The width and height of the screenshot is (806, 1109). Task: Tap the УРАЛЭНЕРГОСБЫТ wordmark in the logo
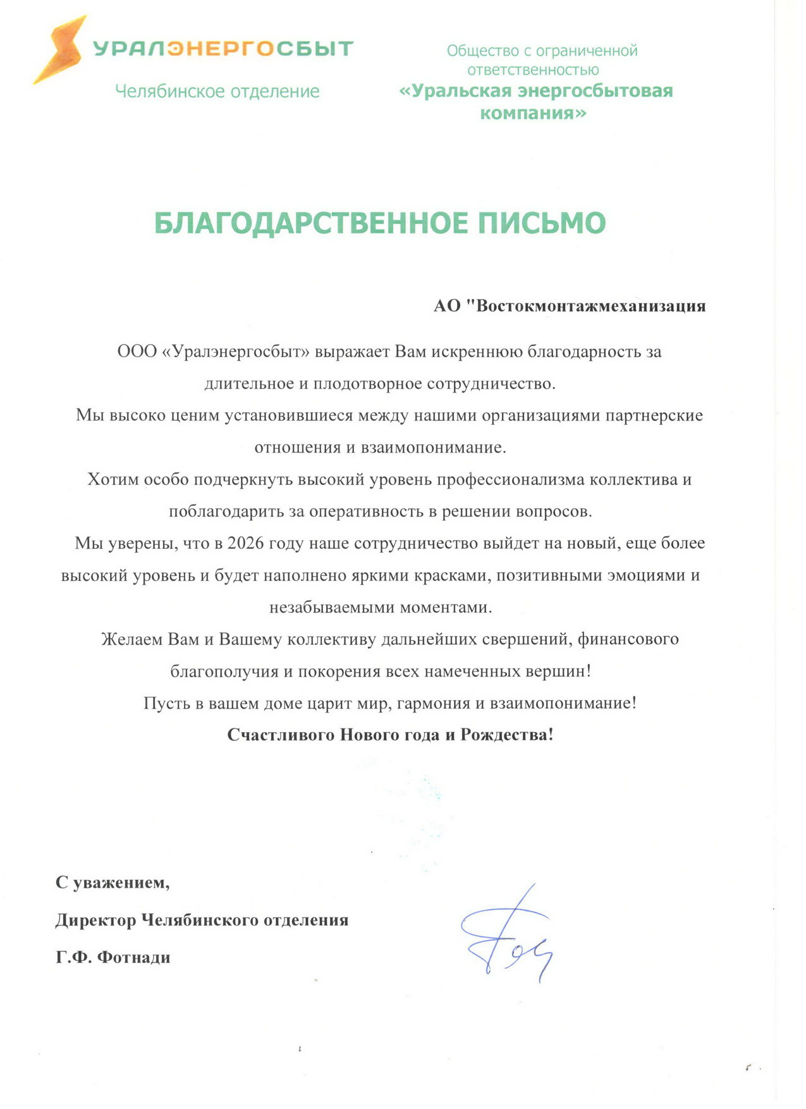[223, 49]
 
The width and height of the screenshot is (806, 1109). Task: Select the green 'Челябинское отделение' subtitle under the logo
[217, 92]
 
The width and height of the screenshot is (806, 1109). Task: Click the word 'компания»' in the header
[533, 113]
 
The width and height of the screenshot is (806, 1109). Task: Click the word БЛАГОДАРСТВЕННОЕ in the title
[311, 223]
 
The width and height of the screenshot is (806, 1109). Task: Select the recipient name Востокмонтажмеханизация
[590, 306]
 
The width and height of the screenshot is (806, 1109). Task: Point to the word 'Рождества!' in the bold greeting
[507, 735]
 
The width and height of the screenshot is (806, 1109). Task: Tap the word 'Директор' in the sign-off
[95, 919]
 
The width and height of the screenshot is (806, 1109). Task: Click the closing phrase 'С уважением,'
[113, 882]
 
